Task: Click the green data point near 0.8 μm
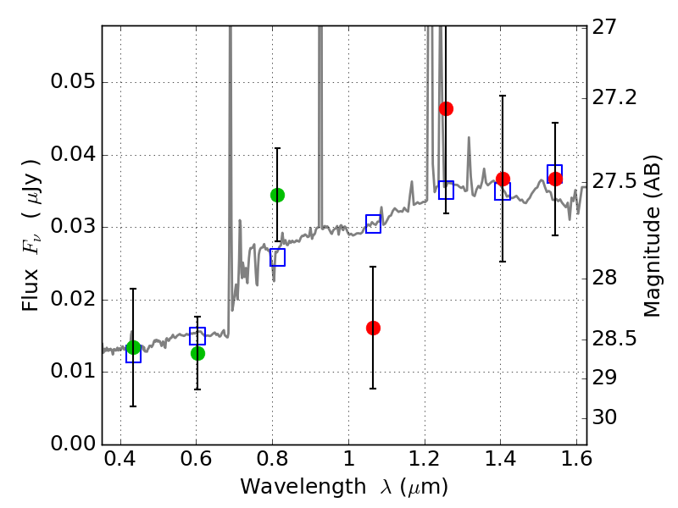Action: [x=277, y=195]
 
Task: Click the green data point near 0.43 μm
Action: [x=133, y=347]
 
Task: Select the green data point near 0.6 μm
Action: [x=197, y=353]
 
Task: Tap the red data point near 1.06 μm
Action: [x=373, y=328]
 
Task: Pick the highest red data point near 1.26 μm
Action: [x=446, y=108]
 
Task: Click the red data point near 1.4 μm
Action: [x=503, y=179]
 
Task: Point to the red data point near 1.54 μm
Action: [x=555, y=179]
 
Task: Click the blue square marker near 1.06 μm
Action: [x=373, y=224]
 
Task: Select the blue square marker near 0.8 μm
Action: [x=277, y=257]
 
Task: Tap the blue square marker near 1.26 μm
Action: [x=446, y=190]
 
